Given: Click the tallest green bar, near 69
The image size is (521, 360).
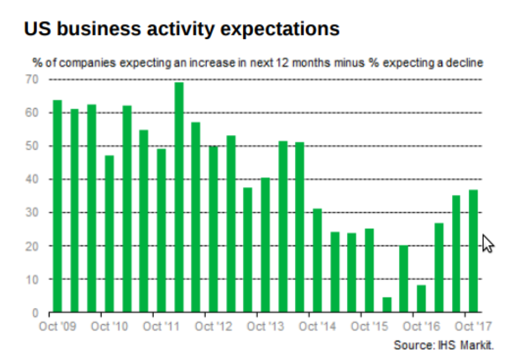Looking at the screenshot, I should [x=179, y=198].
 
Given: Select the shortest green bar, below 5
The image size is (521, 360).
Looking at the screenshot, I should [x=387, y=305].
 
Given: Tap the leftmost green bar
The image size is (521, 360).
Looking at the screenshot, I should [x=57, y=206].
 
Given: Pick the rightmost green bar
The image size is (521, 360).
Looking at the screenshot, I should [x=473, y=251].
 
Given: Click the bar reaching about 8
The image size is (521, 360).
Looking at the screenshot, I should [x=421, y=299].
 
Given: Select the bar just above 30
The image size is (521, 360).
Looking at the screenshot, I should [x=317, y=260].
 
